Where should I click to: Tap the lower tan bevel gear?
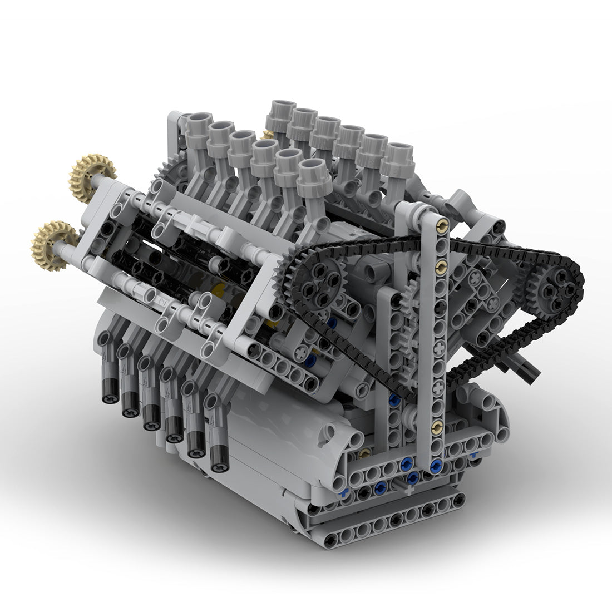tap(55, 244)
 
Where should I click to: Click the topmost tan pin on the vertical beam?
tap(442, 225)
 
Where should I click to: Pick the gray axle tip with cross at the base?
tap(408, 489)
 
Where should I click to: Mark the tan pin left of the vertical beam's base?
tap(364, 453)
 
